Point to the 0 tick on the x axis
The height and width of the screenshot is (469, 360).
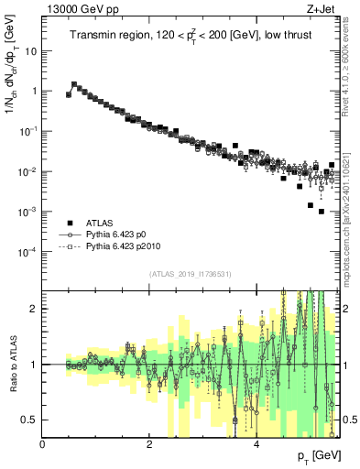43,445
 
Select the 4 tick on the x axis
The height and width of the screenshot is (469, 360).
256,445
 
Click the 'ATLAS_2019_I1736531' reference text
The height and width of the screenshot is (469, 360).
191,274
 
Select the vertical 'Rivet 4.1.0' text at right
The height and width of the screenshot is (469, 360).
351,64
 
